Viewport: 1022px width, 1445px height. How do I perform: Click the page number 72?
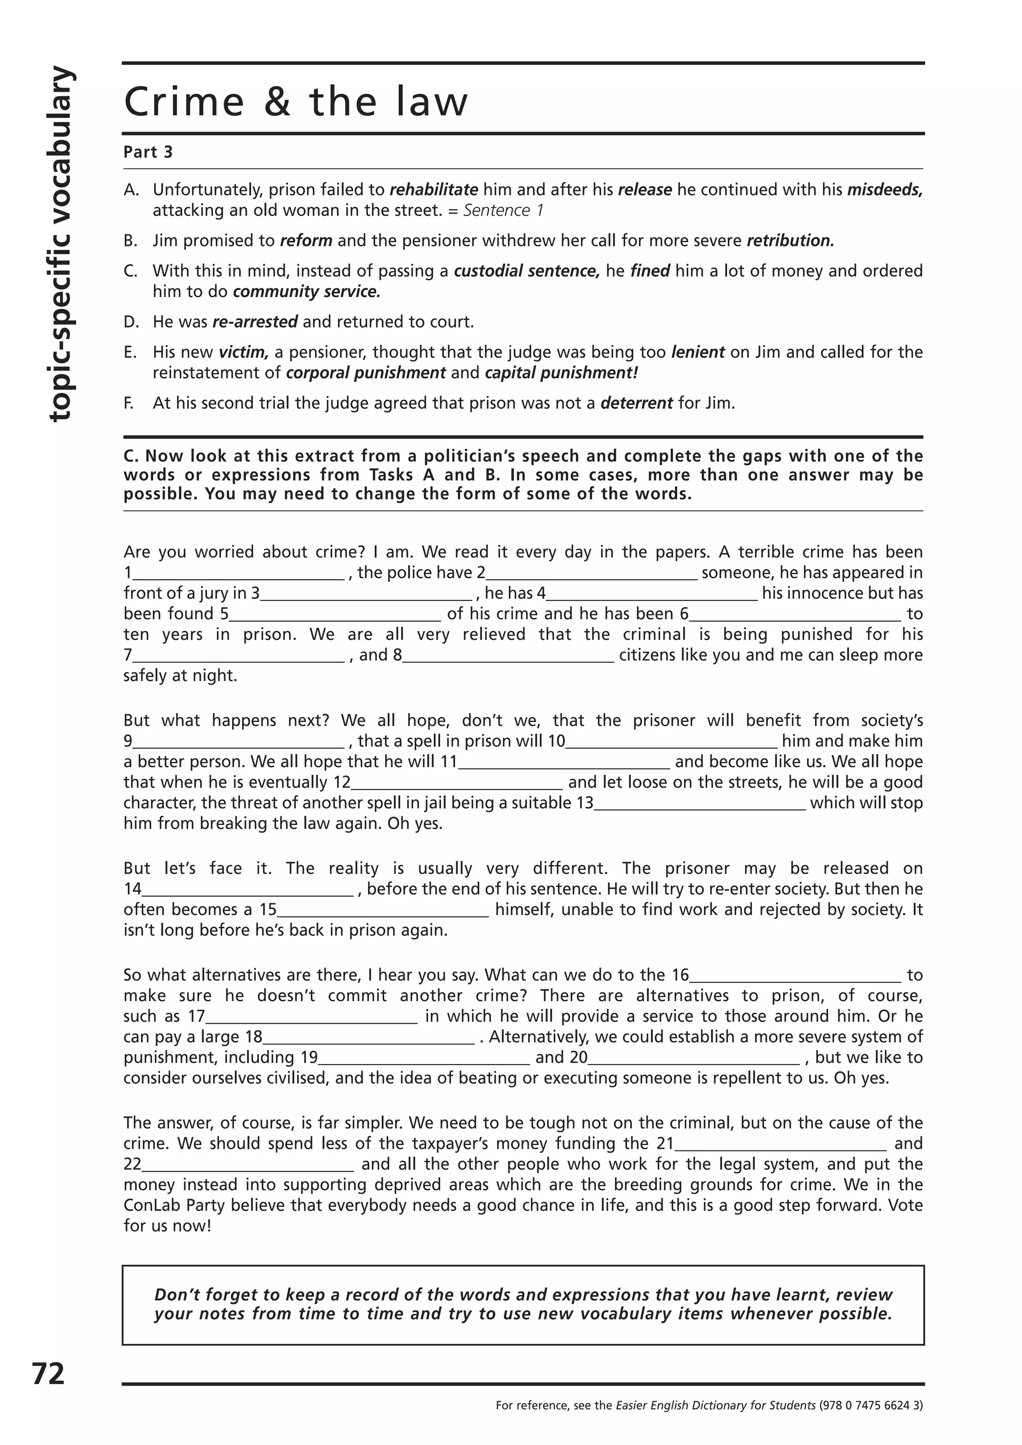(x=48, y=1373)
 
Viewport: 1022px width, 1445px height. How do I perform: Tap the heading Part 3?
(x=148, y=152)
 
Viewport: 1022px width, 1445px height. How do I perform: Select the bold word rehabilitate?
(x=434, y=189)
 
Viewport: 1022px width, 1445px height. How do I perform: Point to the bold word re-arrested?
(x=255, y=322)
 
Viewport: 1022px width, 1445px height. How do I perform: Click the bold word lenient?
(x=698, y=352)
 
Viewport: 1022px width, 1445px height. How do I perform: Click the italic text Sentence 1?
(x=503, y=210)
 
